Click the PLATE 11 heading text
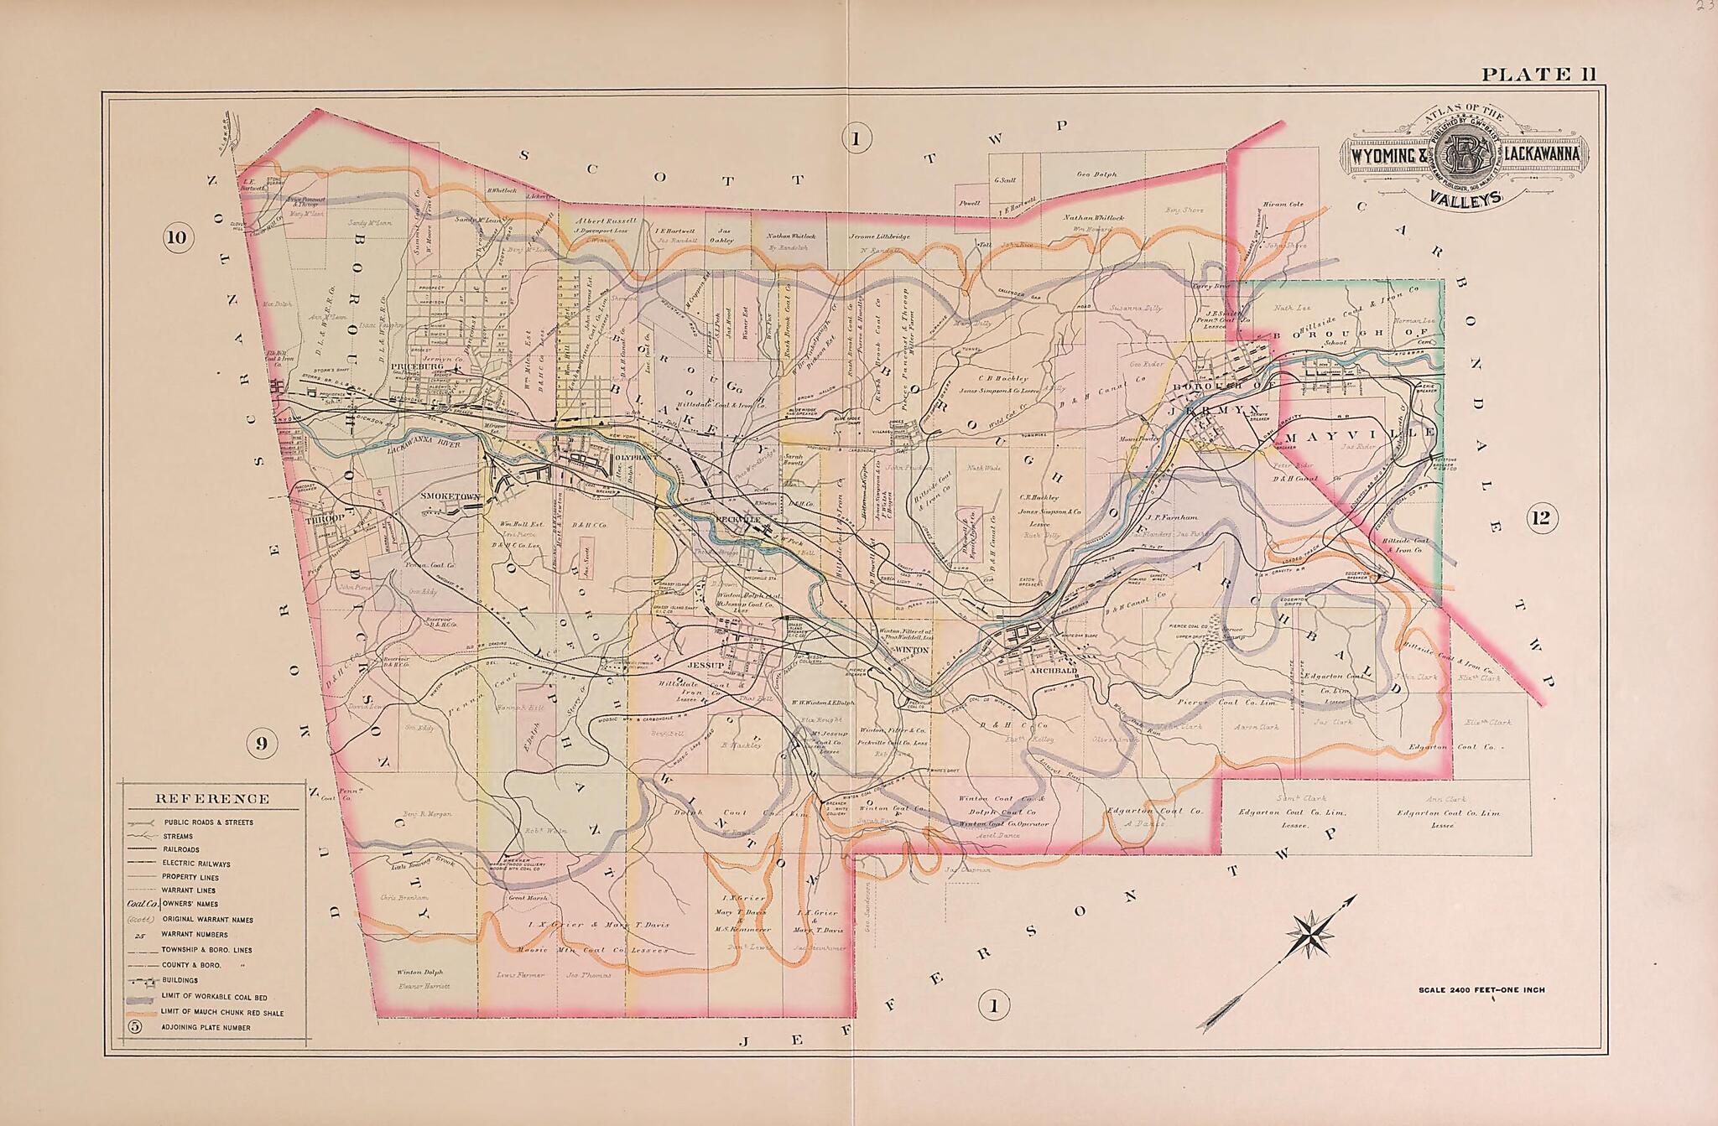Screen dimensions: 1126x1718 pyautogui.click(x=1538, y=75)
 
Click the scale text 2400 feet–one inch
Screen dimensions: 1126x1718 pyautogui.click(x=1481, y=990)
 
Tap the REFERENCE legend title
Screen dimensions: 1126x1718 pyautogui.click(x=212, y=798)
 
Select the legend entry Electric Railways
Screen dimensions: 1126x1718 pyautogui.click(x=197, y=864)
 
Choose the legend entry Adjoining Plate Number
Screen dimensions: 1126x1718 pyautogui.click(x=206, y=1027)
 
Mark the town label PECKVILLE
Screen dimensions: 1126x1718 pyautogui.click(x=737, y=520)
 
